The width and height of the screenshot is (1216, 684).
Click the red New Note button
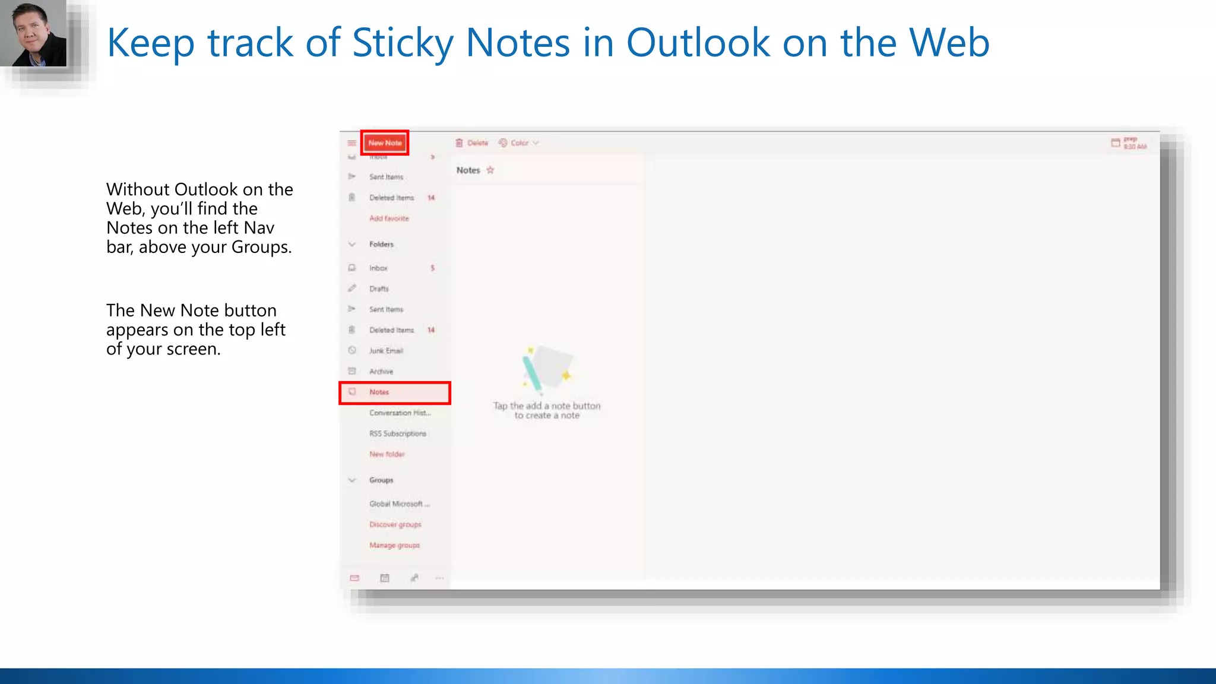pos(385,143)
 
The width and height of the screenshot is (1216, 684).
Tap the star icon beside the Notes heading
pos(490,170)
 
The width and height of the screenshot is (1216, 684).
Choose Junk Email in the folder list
pos(386,351)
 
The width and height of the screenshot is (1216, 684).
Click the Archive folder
pos(381,372)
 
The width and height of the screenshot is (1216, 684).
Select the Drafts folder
pos(379,289)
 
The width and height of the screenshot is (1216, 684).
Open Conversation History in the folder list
pos(400,413)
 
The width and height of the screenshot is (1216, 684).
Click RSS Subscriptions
pos(397,434)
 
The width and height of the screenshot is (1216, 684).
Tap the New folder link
pos(387,455)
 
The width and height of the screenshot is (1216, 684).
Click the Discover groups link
pos(395,525)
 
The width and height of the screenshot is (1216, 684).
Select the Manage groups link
pos(394,546)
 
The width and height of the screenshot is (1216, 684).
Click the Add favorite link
pos(389,218)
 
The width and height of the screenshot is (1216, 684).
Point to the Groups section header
pos(381,480)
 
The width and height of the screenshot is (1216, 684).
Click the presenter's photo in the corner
pos(33,33)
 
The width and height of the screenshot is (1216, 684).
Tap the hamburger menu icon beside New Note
pos(351,143)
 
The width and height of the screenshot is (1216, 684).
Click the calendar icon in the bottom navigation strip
pos(385,578)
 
